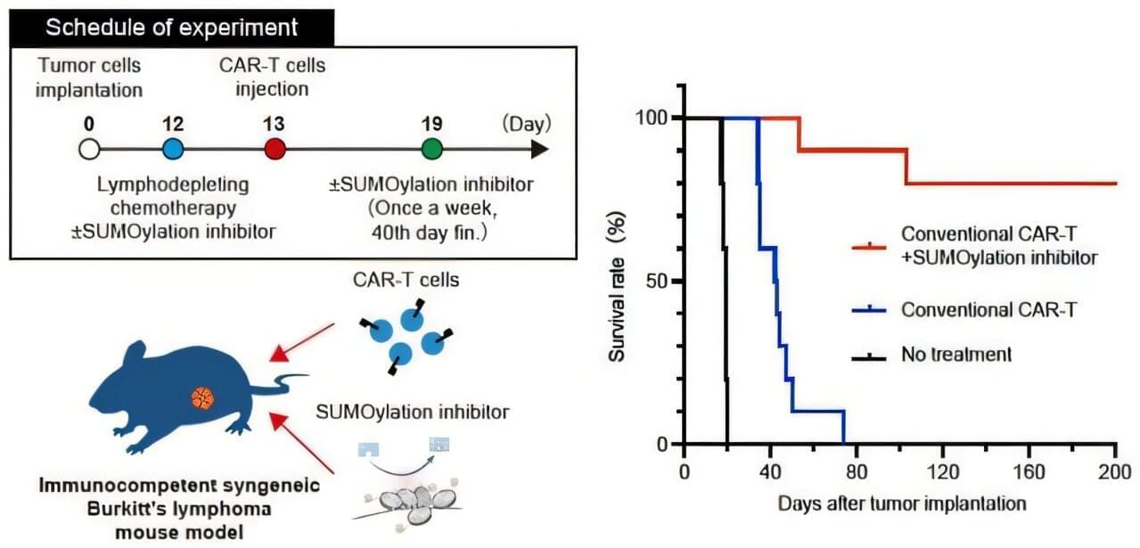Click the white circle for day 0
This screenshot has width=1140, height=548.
coord(89,150)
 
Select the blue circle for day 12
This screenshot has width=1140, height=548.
coord(173,150)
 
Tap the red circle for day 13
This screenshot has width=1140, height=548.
coord(275,150)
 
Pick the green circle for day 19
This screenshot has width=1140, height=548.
coord(432,150)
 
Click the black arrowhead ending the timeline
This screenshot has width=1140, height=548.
coord(540,150)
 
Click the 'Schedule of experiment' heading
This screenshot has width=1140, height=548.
coord(171,28)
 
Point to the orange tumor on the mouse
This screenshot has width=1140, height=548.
coord(202,398)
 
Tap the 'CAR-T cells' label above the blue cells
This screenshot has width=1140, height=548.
coord(406,280)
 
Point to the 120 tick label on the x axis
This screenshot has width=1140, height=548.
coord(943,472)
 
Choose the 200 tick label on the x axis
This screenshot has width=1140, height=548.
coord(1114,472)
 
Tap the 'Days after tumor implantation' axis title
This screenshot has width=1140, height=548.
coord(902,503)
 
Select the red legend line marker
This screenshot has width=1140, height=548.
coord(869,248)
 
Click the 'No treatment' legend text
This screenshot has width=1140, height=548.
coord(956,354)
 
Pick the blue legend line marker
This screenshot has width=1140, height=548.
coord(869,309)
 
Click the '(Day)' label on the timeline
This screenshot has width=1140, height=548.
coord(527,124)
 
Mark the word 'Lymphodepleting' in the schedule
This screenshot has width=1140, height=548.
coord(173,184)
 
